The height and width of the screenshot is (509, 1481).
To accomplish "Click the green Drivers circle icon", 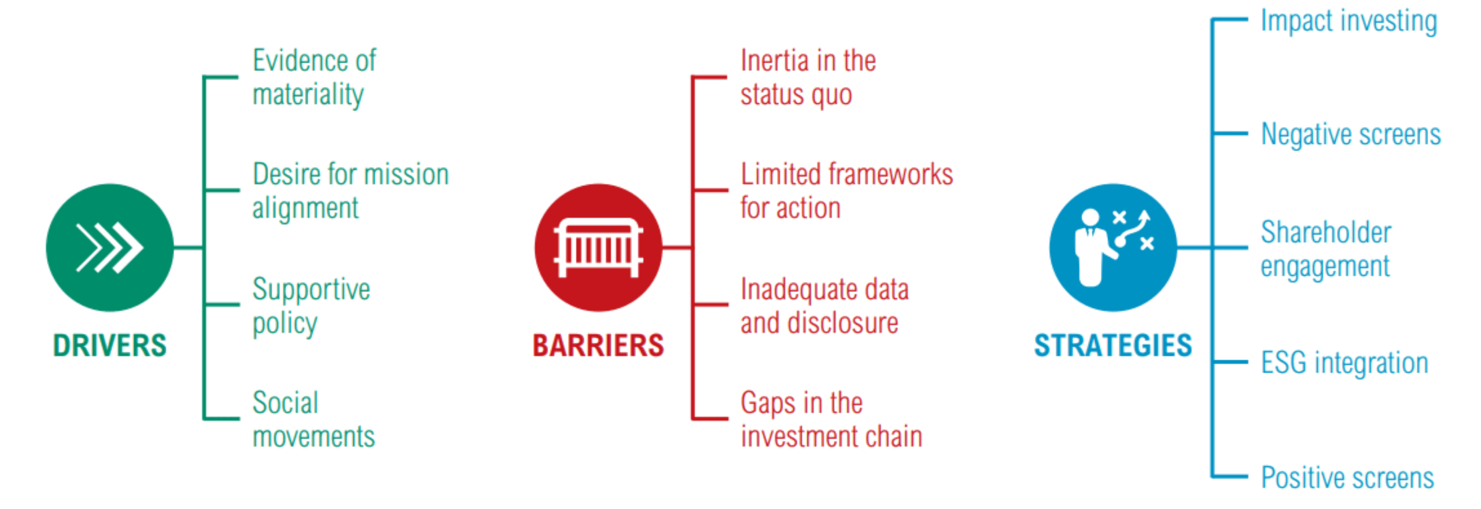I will click(x=109, y=247).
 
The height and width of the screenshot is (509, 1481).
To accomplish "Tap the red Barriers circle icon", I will click(x=598, y=247).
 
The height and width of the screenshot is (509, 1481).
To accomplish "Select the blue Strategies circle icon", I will click(x=1112, y=247).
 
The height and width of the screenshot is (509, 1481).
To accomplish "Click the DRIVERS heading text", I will click(x=109, y=346).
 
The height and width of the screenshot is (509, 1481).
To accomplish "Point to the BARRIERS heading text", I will click(x=598, y=346).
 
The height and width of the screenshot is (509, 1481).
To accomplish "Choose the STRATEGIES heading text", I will click(x=1112, y=346).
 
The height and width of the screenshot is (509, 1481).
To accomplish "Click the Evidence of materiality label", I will click(x=314, y=77).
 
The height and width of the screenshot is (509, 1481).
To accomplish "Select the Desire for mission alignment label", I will click(x=350, y=191).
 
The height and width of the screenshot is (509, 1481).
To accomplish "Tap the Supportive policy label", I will click(x=311, y=305).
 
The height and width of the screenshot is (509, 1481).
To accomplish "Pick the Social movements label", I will click(x=314, y=419).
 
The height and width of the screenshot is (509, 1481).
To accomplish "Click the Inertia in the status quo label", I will click(x=808, y=77).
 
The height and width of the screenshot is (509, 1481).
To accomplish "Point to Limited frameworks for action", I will click(x=846, y=191).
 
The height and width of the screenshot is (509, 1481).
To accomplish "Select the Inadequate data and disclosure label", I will click(x=824, y=305).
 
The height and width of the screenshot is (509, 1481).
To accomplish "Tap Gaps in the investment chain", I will click(x=831, y=419).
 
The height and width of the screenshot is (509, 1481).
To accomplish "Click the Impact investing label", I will click(x=1349, y=21).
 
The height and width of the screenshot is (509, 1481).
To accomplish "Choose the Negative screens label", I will click(x=1350, y=134).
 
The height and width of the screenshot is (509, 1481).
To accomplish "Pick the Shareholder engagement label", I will click(x=1325, y=249).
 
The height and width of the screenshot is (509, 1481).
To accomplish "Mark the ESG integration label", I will click(x=1344, y=363).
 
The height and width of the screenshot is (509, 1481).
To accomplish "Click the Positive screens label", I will click(x=1347, y=478).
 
